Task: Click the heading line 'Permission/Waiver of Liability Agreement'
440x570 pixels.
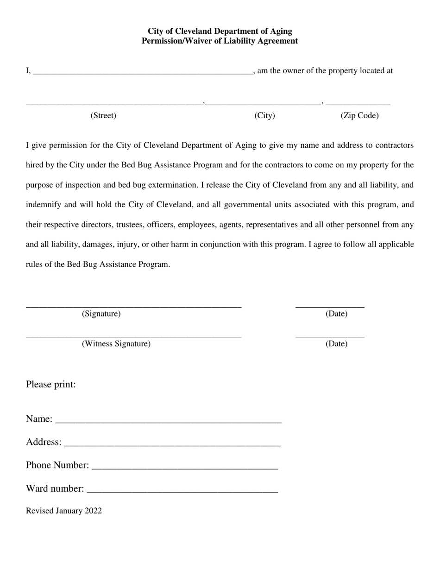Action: [220, 41]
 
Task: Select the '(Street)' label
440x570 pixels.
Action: [103, 115]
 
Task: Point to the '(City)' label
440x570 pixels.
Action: [264, 115]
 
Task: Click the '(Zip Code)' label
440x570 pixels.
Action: [359, 115]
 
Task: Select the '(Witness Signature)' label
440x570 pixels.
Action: [116, 343]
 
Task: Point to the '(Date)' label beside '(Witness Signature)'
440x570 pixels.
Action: [336, 343]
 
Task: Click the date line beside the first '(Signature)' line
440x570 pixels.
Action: [330, 306]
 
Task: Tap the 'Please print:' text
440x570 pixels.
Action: [50, 384]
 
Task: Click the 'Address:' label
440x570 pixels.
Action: [44, 442]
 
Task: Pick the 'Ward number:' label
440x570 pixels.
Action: [55, 488]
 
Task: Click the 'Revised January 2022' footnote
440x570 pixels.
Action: [64, 511]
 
